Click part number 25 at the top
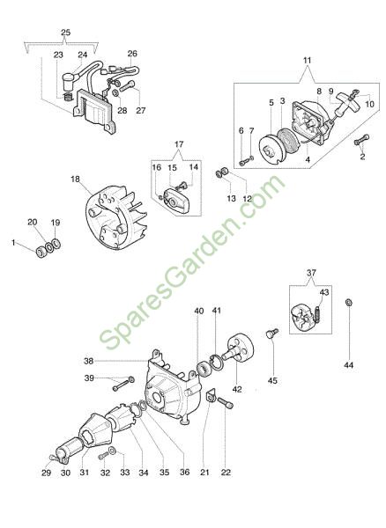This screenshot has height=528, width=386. point(66,33)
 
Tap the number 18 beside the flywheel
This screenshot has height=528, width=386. point(75,180)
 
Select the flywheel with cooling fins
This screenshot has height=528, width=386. point(115,218)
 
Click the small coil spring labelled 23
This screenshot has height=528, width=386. point(68,97)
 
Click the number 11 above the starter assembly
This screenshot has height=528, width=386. point(307,61)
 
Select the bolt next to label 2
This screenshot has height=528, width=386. point(361,140)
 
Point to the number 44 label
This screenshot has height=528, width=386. point(349,364)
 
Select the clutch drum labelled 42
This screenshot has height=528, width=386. point(239,348)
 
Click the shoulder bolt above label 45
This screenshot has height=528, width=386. point(272,334)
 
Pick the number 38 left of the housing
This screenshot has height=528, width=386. point(89,362)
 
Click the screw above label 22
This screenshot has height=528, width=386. point(226,403)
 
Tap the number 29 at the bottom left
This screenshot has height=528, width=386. point(46,473)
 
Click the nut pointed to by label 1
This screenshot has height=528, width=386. point(41,252)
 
